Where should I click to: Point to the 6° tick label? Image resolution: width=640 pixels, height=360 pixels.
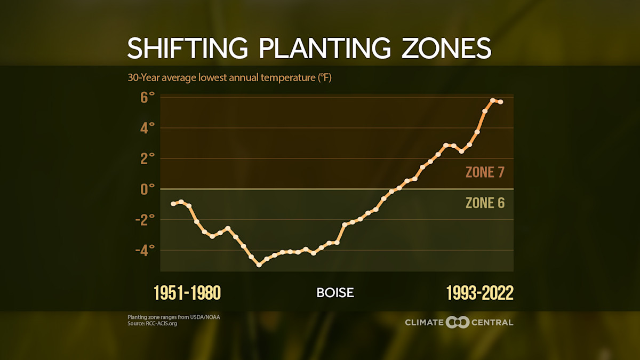148,98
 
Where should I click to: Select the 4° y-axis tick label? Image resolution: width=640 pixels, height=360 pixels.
148,128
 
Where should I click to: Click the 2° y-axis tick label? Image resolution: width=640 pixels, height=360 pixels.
148,158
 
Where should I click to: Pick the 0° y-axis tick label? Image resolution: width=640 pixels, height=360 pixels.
148,189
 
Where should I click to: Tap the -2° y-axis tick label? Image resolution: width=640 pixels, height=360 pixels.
145,220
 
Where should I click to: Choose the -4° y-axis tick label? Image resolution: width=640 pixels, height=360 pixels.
145,250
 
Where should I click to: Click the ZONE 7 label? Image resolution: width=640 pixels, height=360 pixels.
485,172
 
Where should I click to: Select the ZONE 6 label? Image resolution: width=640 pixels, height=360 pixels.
485,203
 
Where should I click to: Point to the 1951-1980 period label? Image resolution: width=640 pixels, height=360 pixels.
187,293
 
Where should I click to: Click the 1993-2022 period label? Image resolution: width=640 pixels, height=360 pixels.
479,293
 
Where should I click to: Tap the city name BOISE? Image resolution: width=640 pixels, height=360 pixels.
335,293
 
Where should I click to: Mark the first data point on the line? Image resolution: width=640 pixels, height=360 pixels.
173,204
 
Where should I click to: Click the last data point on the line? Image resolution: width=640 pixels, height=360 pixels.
501,102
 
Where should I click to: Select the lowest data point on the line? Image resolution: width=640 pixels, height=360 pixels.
259,265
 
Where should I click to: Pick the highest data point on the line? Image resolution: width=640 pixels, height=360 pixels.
493,100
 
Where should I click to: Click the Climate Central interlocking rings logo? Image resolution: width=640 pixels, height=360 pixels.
457,322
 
